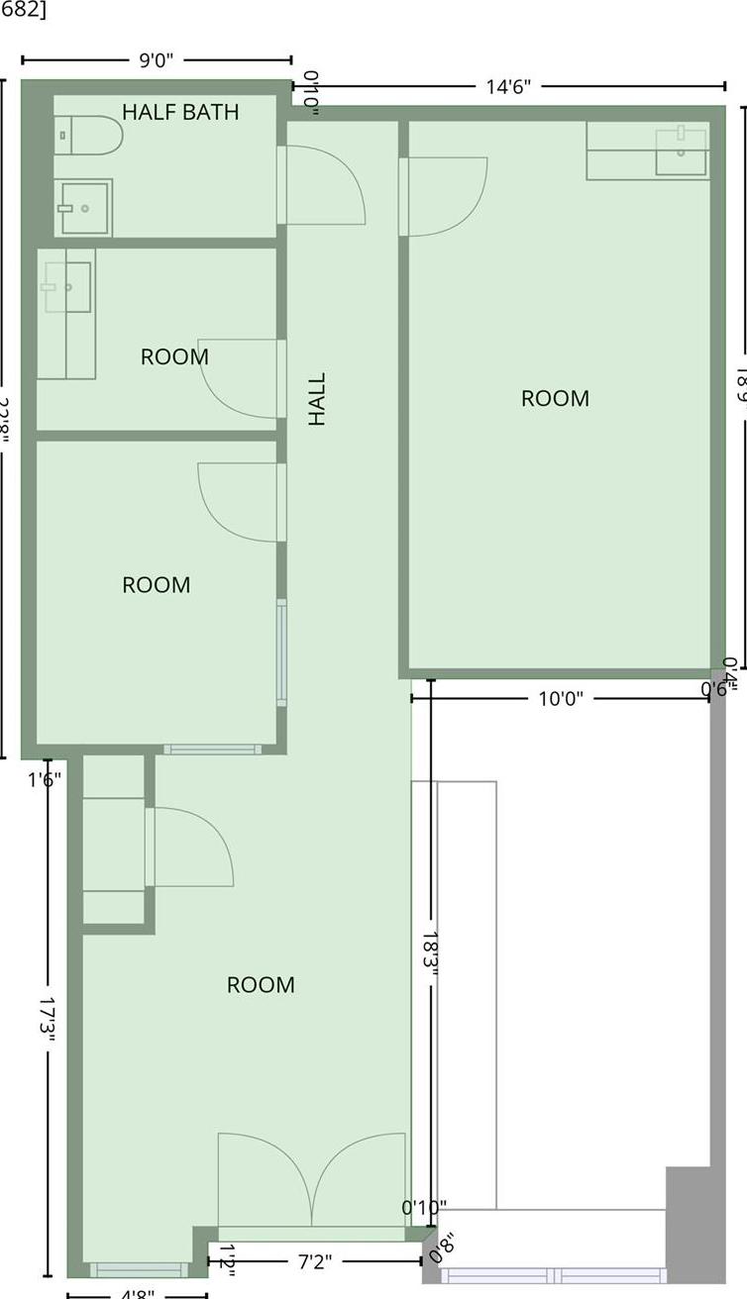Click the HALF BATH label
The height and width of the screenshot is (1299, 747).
tap(180, 112)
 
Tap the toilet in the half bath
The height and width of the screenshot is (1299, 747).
tap(89, 135)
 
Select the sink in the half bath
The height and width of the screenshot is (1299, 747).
tap(83, 208)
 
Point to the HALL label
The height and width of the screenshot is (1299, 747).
tap(317, 399)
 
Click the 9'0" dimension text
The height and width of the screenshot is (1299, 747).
tap(156, 60)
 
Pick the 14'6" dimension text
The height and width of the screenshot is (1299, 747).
tap(508, 86)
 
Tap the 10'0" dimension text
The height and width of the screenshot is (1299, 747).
tap(560, 699)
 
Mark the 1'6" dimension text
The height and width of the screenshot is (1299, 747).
tap(45, 779)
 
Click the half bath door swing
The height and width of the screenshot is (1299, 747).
tap(325, 185)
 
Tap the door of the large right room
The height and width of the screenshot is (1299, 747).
tap(446, 196)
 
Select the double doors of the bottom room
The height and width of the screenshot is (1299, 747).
tap(312, 1183)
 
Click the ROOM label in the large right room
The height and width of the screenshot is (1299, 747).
tap(555, 399)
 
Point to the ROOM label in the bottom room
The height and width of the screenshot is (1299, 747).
tap(261, 985)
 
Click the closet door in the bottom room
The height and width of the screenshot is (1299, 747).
tap(191, 848)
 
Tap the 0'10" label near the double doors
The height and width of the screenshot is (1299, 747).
tap(424, 1208)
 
